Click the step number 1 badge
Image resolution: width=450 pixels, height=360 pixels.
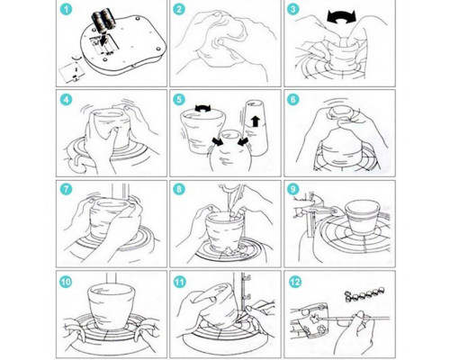pyautogui.click(x=66, y=10)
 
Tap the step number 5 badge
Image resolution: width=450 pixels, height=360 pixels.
pyautogui.click(x=179, y=100)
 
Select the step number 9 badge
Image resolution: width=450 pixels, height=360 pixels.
pyautogui.click(x=293, y=190)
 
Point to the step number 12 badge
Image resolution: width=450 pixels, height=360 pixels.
pyautogui.click(x=295, y=282)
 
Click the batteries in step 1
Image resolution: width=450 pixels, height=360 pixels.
pyautogui.click(x=103, y=20)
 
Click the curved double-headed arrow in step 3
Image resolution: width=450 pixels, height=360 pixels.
pyautogui.click(x=341, y=16)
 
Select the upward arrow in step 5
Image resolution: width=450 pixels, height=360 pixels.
pyautogui.click(x=256, y=121)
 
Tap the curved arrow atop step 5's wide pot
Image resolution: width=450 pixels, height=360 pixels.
pyautogui.click(x=202, y=108)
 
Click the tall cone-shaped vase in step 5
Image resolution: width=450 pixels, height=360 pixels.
pyautogui.click(x=256, y=128)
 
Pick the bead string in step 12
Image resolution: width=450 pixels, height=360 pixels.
pyautogui.click(x=364, y=294)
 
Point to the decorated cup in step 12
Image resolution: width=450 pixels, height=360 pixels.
pyautogui.click(x=310, y=320)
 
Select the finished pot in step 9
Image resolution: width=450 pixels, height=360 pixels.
pyautogui.click(x=363, y=218)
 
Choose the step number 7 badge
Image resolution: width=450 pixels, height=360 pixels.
pyautogui.click(x=66, y=190)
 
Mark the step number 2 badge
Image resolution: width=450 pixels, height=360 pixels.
pyautogui.click(x=179, y=10)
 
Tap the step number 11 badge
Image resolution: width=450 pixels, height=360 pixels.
pyautogui.click(x=179, y=282)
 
